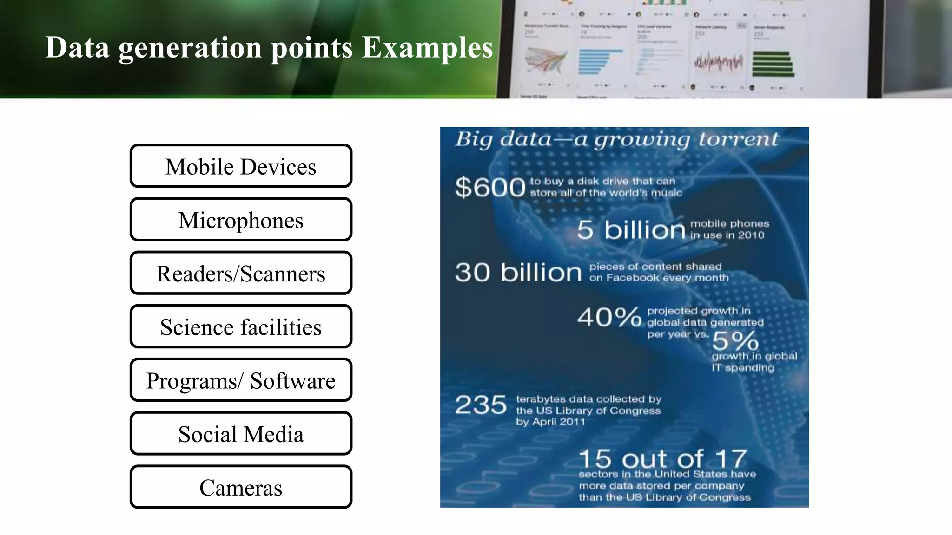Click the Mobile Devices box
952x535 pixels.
coord(241,166)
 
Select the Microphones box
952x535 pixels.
coord(241,219)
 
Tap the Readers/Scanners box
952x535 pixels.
coord(241,273)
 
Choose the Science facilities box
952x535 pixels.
coord(241,326)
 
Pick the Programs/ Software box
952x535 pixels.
coord(241,380)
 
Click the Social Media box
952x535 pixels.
coord(241,433)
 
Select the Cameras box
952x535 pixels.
coord(241,487)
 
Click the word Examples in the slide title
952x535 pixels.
coord(427,47)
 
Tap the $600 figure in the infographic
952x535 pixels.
coord(490,187)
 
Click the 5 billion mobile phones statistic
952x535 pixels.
coord(631,229)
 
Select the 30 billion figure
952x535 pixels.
coord(518,272)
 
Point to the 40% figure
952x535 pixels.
coord(609,318)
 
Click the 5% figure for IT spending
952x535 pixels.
coord(735,341)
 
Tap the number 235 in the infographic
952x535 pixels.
coord(481,405)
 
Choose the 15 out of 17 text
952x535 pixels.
coord(663,459)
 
